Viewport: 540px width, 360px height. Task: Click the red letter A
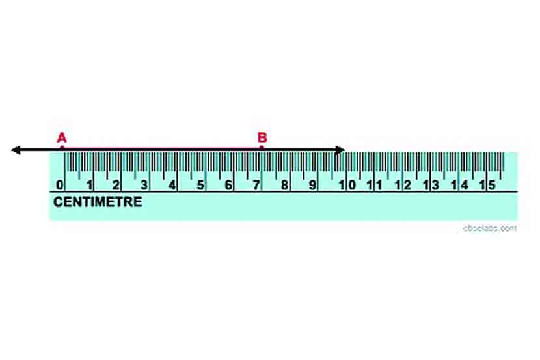point(62,137)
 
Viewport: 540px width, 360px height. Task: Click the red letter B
point(262,137)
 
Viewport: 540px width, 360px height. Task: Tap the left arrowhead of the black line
point(16,150)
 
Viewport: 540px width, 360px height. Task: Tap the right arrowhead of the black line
point(340,150)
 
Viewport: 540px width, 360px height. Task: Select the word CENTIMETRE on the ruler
point(98,202)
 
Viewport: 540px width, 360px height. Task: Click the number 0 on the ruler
point(60,185)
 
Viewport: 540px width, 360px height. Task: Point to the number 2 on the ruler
point(116,185)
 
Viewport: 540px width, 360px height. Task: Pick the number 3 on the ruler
point(144,185)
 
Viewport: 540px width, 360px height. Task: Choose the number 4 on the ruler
point(172,185)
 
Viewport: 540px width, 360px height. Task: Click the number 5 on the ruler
point(200,185)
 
